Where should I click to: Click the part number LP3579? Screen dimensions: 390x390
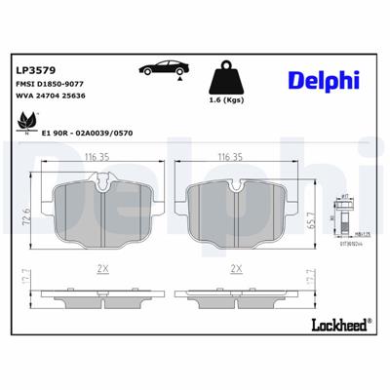coord(35,71)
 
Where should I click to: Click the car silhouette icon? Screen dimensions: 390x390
coord(162,69)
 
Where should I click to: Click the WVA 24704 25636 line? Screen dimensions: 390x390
coord(51,98)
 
